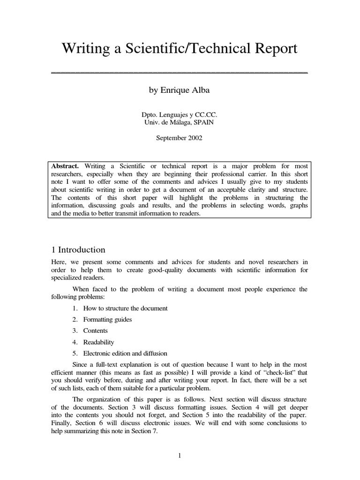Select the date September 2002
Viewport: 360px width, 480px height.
(179, 138)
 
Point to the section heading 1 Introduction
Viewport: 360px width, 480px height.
(78, 250)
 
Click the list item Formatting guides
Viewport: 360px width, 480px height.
(107, 319)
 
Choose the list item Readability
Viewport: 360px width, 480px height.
(98, 342)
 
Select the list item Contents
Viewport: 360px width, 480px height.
(95, 330)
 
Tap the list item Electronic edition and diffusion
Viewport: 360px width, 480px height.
(125, 353)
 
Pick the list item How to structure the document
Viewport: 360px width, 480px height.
(125, 308)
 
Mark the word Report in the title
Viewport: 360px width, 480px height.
(276, 49)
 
